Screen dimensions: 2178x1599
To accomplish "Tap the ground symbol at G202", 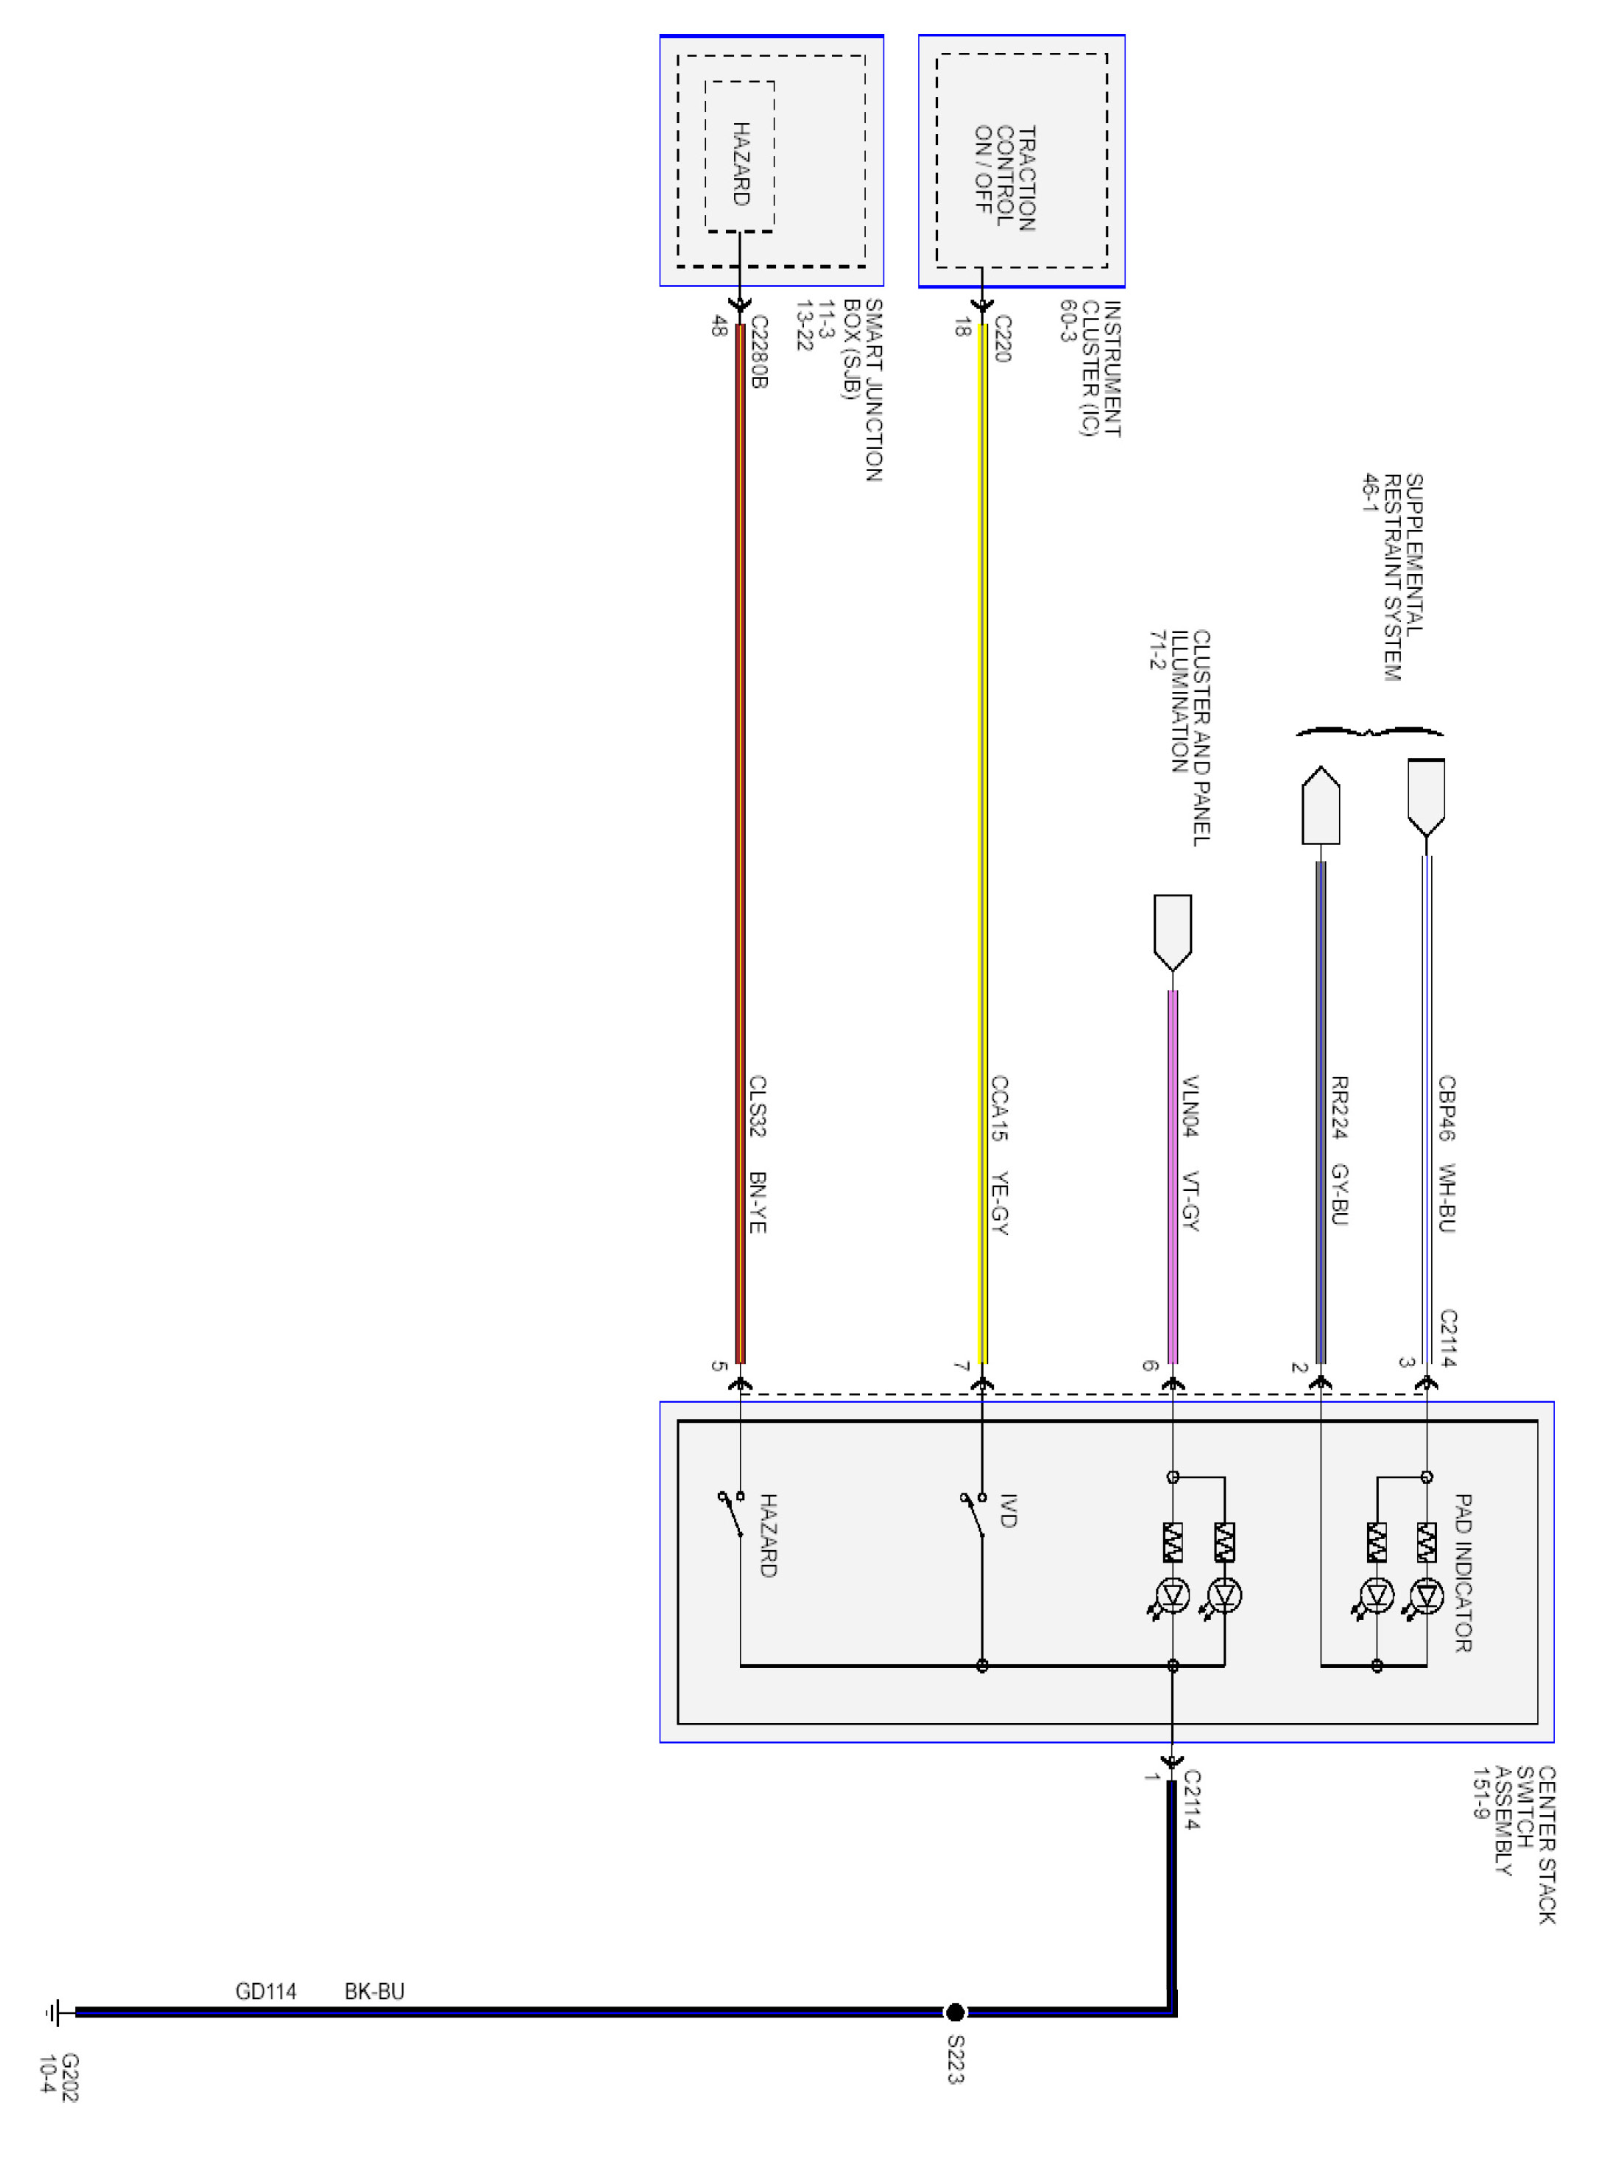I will pos(55,2014).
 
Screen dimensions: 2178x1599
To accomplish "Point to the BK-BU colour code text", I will pos(374,1991).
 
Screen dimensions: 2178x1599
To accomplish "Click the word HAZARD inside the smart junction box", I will pos(741,163).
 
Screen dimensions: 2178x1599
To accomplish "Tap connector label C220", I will pos(1003,339).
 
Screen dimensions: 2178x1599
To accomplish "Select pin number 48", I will pos(719,326).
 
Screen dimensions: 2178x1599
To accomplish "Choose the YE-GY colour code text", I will pos(1000,1203).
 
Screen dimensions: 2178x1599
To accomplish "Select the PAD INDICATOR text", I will pos(1463,1572).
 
